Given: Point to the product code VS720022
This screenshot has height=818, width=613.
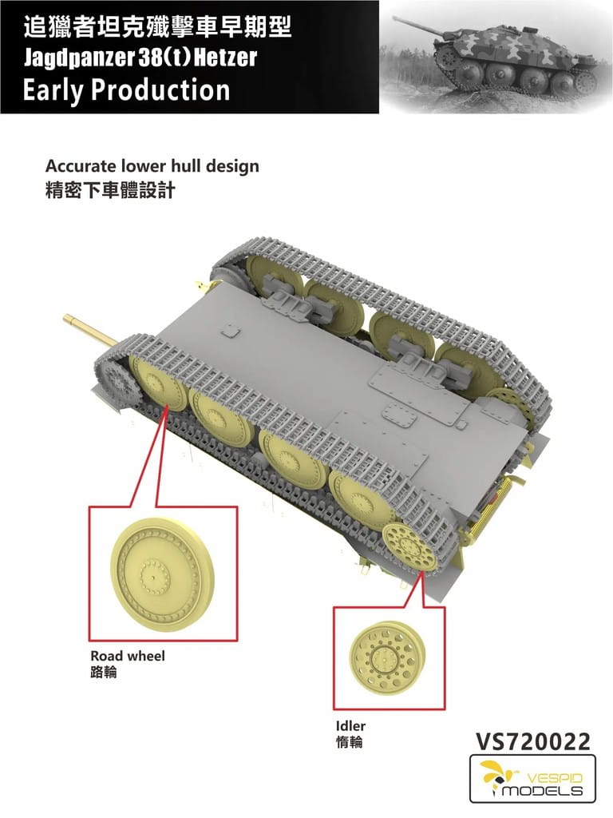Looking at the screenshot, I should [532, 742].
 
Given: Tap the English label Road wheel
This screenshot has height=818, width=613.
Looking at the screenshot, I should [128, 656].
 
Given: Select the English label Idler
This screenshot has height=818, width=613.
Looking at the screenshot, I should [350, 726].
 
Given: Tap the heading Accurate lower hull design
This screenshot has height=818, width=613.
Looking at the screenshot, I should [152, 166].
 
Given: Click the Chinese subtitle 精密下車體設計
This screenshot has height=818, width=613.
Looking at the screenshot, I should [109, 191].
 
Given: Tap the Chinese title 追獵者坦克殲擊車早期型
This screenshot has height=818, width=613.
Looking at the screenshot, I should [157, 28].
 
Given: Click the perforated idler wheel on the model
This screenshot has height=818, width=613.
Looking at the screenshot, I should [406, 546].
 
